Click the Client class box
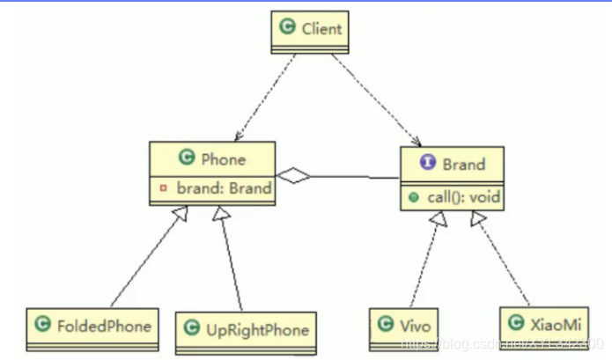coord(310,30)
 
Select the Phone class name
coord(224,158)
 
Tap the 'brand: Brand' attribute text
coord(223,187)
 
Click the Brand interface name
coord(463,164)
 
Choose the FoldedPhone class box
coord(92,326)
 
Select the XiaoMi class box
coord(541,322)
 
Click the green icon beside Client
coord(286,27)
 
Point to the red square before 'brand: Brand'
coord(163,187)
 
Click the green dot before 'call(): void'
coord(413,195)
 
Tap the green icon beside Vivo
coord(384,323)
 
